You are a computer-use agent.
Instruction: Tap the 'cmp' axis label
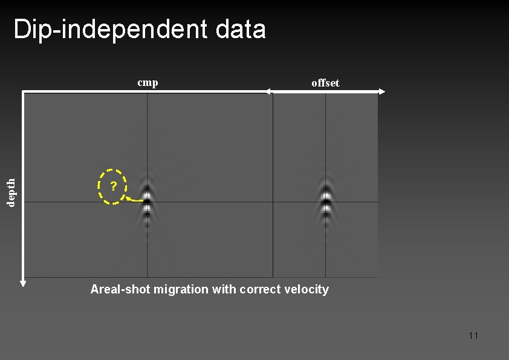148,82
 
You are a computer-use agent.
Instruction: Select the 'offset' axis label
325,83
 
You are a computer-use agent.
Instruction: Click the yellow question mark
113,186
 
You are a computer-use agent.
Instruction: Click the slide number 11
473,335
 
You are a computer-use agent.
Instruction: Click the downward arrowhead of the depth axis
23,281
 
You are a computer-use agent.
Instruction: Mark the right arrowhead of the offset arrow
381,91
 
